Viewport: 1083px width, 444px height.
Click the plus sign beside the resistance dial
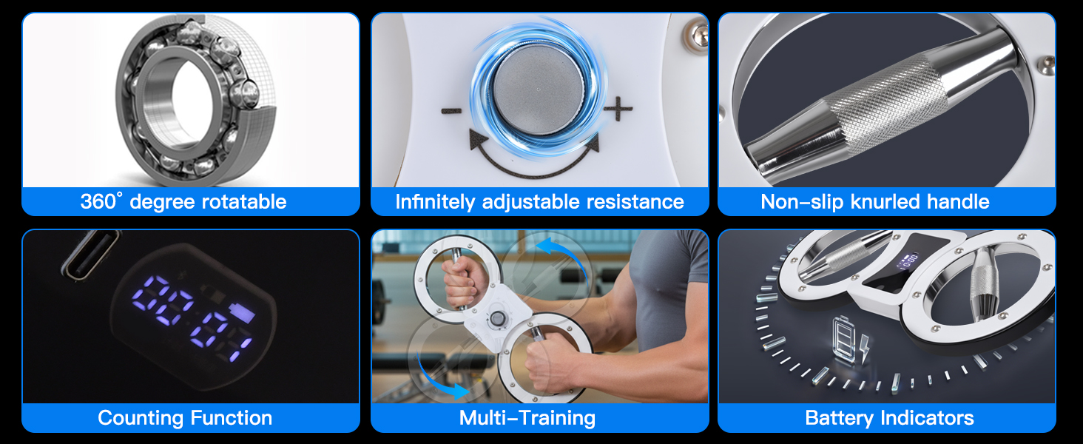tap(618, 109)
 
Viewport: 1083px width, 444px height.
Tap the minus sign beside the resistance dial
tap(451, 111)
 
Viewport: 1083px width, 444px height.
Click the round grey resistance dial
tap(539, 90)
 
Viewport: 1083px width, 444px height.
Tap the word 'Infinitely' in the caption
tap(435, 202)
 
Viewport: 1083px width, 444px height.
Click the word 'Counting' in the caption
tap(141, 418)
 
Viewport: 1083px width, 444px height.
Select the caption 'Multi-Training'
tap(527, 418)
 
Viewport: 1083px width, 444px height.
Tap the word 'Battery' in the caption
tap(839, 418)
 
